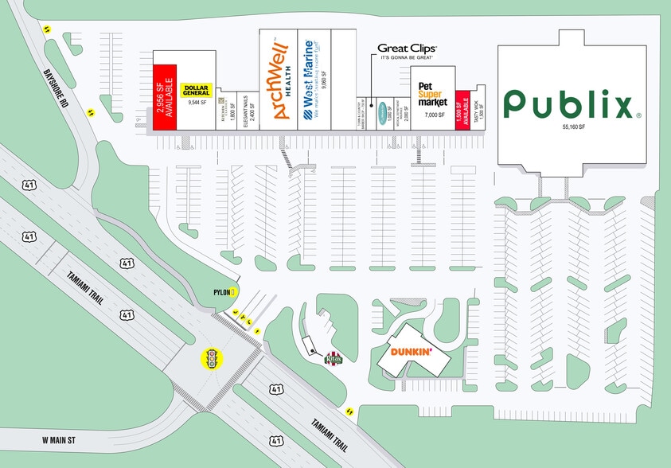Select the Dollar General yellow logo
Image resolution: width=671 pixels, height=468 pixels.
point(196,90)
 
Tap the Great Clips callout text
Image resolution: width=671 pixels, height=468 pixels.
point(407,50)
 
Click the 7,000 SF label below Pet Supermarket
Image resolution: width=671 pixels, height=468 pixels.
point(435,115)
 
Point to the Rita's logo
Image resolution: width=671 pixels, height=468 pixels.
point(333,359)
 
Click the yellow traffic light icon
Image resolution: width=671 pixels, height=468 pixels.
point(212,360)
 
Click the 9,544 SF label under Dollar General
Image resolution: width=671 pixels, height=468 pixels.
point(197,103)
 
